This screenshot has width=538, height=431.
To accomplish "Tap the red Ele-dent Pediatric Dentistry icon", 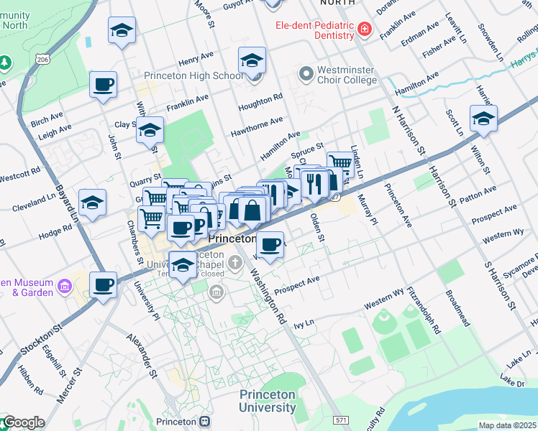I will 365,29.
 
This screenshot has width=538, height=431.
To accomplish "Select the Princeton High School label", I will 193,76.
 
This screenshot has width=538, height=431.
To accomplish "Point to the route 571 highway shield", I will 342,419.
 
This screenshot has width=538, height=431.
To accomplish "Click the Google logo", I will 23,422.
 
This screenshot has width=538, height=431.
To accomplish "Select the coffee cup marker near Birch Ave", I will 103,84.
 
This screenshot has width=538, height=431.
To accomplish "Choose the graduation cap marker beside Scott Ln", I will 483,119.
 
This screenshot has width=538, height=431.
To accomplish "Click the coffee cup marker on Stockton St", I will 103,284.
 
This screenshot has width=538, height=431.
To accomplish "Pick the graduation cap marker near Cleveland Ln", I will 92,203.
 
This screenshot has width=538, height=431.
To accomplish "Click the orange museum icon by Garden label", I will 64,287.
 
